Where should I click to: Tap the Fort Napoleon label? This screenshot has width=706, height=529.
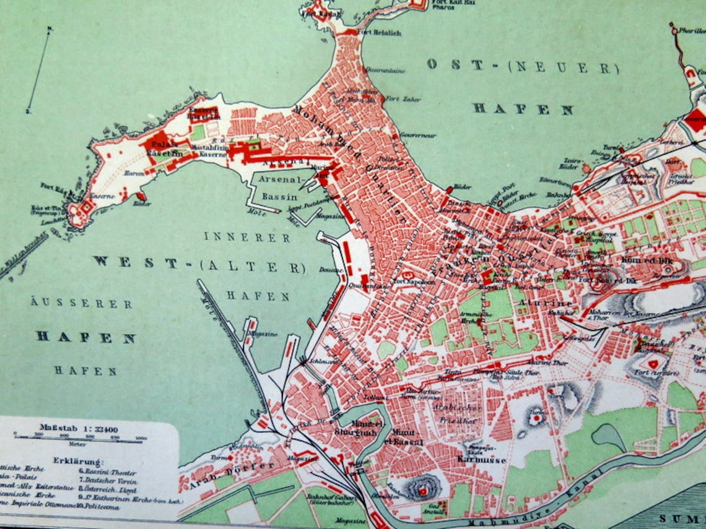(x=408, y=282)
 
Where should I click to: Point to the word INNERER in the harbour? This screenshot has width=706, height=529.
(x=247, y=237)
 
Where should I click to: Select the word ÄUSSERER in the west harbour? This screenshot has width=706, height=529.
(x=81, y=304)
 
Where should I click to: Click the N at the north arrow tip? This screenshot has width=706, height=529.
(x=50, y=29)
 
